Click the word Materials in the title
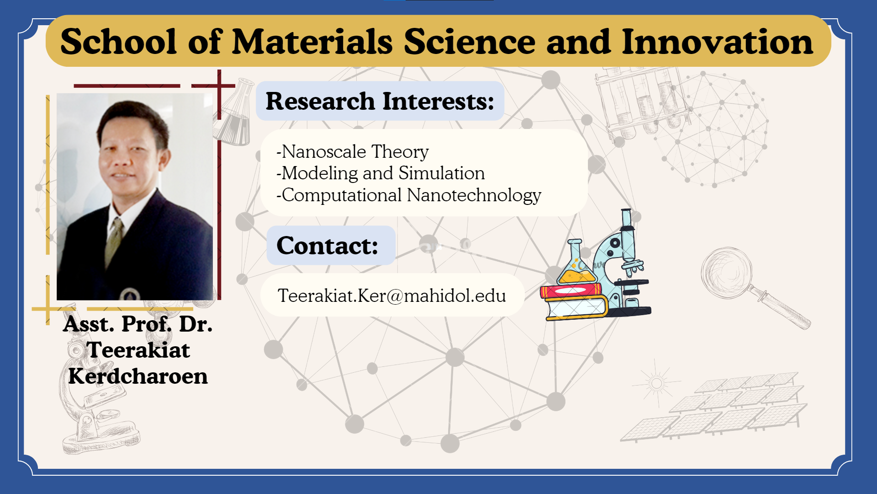click(312, 42)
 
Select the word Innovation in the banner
click(717, 42)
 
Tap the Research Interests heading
click(380, 101)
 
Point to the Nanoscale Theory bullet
click(353, 151)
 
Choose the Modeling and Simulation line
click(380, 173)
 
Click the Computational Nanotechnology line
click(409, 195)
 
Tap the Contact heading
click(327, 246)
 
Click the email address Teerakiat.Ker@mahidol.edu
click(392, 295)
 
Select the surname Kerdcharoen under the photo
click(138, 376)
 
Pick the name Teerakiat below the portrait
click(138, 350)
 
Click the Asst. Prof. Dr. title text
click(138, 324)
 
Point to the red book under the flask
click(571, 290)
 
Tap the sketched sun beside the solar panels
click(656, 383)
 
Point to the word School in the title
click(118, 42)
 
